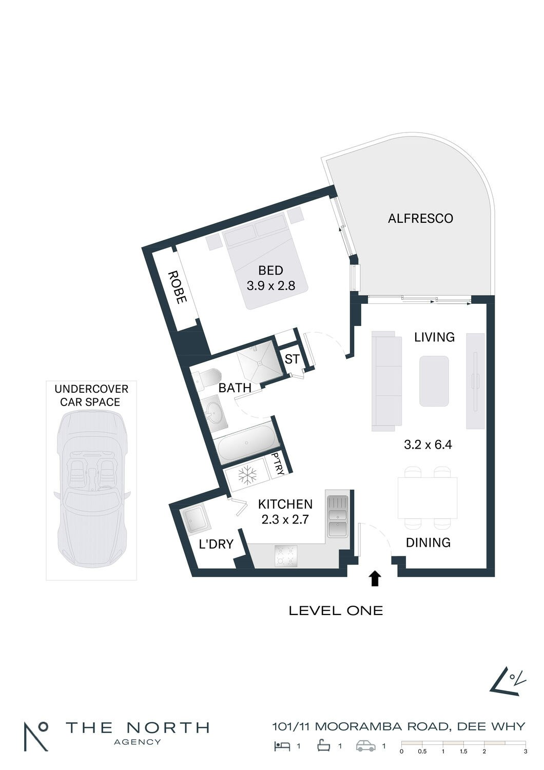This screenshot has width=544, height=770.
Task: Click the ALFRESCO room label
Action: point(420,219)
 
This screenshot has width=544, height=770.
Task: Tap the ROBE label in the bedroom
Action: point(178,287)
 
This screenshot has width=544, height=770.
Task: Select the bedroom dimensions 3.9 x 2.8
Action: point(271,285)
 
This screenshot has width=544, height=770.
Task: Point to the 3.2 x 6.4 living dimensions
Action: point(428,445)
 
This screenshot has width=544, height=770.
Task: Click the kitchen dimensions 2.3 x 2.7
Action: point(285,519)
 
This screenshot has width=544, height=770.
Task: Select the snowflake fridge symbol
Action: point(247,476)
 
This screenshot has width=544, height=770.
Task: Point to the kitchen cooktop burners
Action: point(286,556)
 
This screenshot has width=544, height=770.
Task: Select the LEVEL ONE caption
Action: point(336,611)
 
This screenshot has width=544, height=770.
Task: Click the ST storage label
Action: point(292,359)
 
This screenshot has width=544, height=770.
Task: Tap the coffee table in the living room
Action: point(434,381)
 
